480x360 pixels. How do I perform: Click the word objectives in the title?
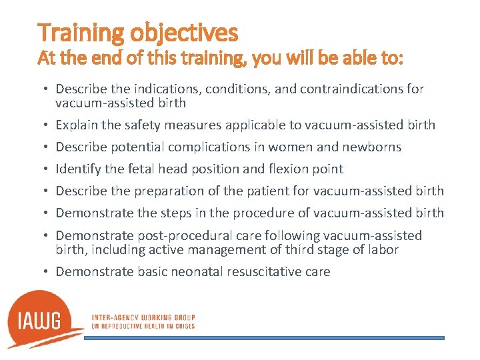(x=184, y=32)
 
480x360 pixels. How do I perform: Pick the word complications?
(x=209, y=147)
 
